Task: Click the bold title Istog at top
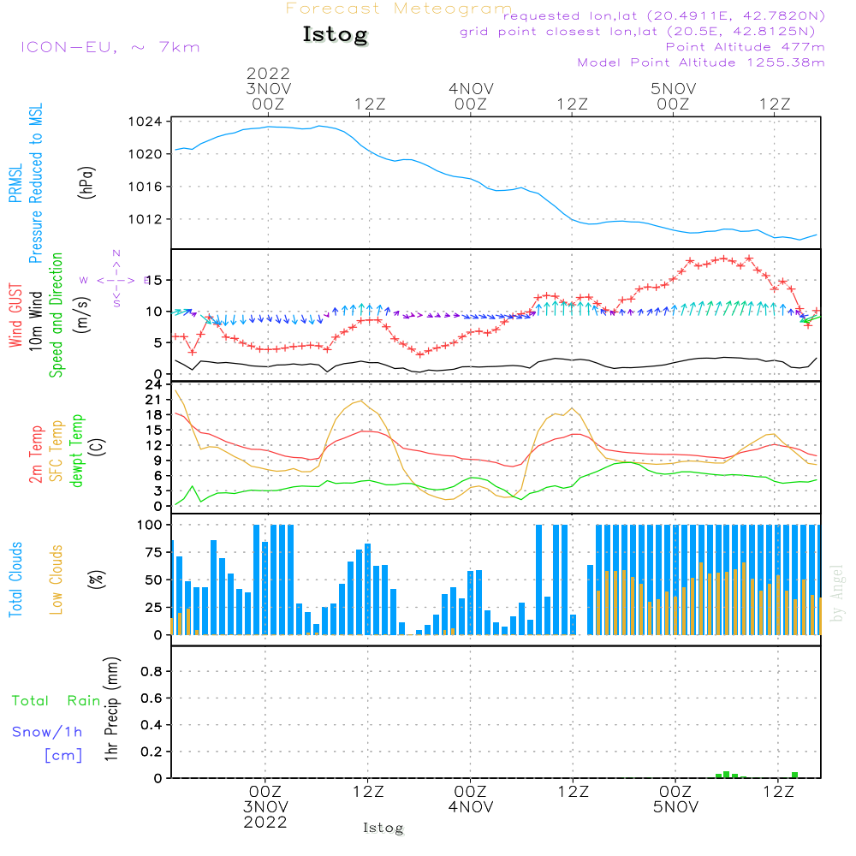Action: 335,35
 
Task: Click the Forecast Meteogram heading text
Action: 399,9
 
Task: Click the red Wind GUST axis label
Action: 15,315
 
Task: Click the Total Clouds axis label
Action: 15,580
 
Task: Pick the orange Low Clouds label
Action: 56,580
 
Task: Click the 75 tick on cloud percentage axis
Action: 152,552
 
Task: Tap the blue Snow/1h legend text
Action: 48,732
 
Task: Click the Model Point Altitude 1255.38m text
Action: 701,62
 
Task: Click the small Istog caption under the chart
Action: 383,829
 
